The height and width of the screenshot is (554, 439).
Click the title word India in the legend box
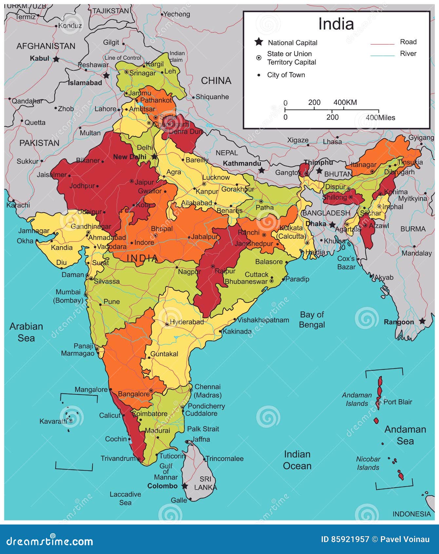pos(336,24)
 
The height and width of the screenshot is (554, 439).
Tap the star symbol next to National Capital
pos(259,42)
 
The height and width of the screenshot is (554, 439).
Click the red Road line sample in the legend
pos(382,44)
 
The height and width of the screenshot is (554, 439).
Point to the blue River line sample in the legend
pos(382,56)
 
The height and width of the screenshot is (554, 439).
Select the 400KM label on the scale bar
pos(345,102)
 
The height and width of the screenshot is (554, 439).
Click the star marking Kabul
pos(56,59)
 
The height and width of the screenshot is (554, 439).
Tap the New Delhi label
pos(129,157)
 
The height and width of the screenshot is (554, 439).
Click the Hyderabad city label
pos(187,322)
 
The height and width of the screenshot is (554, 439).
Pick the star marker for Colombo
pos(185,486)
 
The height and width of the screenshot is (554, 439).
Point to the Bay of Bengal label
pos(312,320)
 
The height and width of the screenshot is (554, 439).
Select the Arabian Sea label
pos(26,332)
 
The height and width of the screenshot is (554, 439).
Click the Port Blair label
pos(398,402)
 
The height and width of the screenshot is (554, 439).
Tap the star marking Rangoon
pos(422,321)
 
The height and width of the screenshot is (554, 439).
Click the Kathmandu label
pos(242,163)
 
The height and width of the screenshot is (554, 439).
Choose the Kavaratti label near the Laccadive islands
pos(53,421)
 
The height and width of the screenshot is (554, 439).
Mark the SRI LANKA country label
pos(205,483)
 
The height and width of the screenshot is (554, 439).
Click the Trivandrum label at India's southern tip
pos(118,458)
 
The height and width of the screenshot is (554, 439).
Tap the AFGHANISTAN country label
pos(46,46)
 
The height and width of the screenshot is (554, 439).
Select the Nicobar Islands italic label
pos(368,463)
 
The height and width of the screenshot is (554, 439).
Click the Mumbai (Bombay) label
pos(68,296)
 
